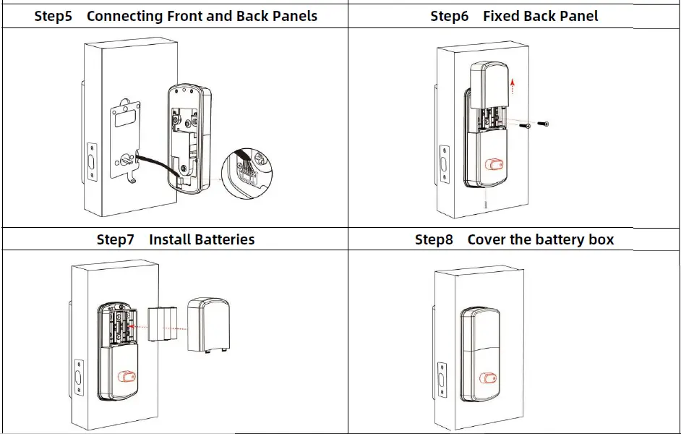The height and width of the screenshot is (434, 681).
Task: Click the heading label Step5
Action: pos(53,16)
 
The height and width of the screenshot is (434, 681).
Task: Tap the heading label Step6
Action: pos(449,16)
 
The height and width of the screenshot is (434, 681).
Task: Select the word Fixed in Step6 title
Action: pos(503,16)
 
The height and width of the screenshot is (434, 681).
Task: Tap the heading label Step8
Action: pos(434,239)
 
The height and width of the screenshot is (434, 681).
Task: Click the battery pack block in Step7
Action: pos(163,327)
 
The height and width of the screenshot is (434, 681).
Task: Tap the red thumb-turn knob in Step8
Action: pos(490,377)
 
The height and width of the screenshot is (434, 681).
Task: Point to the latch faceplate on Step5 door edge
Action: pos(92,161)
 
